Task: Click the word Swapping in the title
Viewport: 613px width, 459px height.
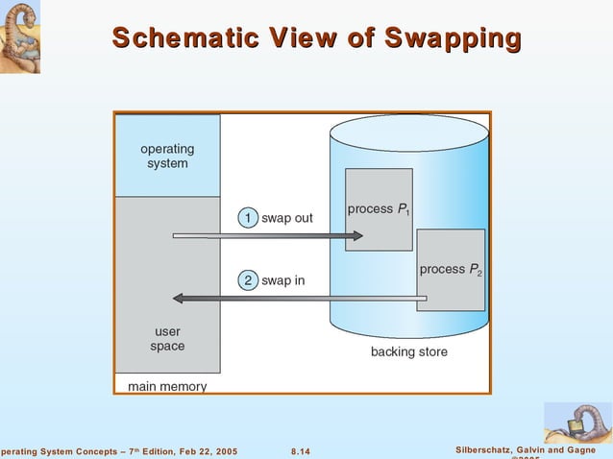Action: [x=453, y=39]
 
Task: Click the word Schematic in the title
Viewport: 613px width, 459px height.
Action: [x=178, y=38]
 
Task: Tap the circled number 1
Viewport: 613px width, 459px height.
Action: [x=248, y=218]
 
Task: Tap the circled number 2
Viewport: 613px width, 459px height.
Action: [x=248, y=280]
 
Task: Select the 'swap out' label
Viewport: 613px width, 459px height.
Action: [x=287, y=218]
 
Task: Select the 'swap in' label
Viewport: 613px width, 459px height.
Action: [x=283, y=280]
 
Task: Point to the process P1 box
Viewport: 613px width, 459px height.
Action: [x=379, y=209]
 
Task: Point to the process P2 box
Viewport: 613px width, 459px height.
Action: [x=451, y=270]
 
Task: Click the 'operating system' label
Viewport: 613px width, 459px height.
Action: [x=167, y=156]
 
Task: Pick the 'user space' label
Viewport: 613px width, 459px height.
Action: [x=167, y=339]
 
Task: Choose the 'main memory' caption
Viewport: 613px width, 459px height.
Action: [x=167, y=386]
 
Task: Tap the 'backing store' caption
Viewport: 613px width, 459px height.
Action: [x=408, y=352]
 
